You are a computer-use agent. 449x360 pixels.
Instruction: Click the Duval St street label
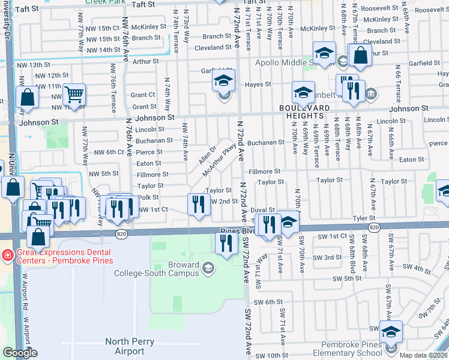click(262, 210)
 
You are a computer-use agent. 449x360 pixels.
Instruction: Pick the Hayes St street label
click(258, 85)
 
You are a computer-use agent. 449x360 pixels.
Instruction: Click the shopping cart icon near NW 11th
click(74, 94)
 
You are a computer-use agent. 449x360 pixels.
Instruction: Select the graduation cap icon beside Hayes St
click(224, 81)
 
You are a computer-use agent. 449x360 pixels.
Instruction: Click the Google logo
click(20, 353)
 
